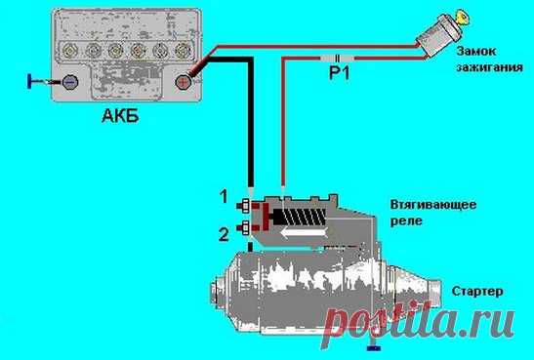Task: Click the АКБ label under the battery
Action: [x=120, y=117]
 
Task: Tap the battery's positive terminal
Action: [x=183, y=82]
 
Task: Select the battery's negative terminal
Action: [x=70, y=82]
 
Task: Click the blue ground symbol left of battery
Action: [x=30, y=81]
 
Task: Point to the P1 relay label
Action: [x=339, y=72]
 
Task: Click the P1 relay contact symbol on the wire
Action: [x=337, y=58]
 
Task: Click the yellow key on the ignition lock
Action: [x=463, y=17]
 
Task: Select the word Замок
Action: [x=475, y=52]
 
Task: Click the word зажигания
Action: [x=489, y=67]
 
